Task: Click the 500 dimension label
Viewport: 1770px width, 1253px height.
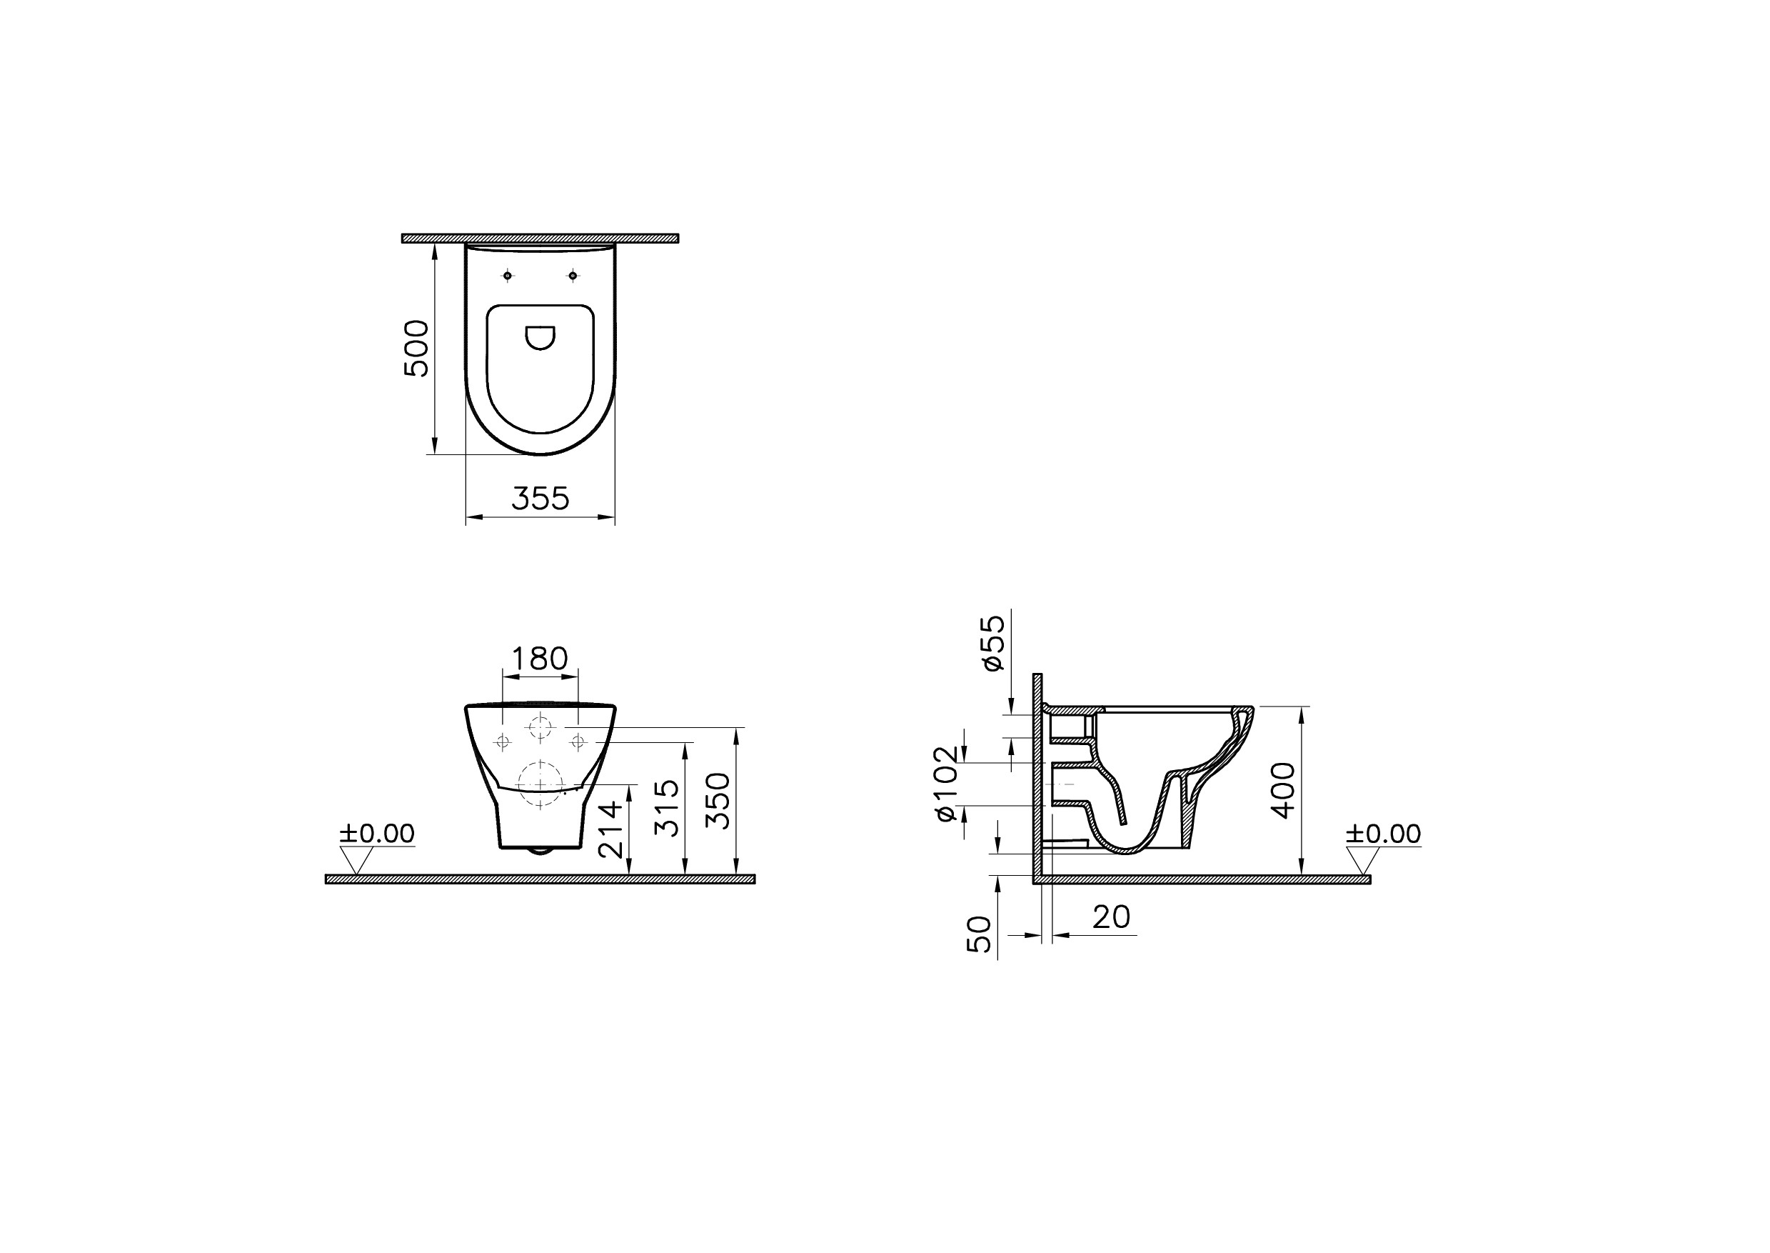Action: (416, 348)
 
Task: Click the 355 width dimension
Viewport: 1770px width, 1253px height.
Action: (540, 499)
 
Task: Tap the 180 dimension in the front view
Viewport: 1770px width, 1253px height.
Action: (540, 658)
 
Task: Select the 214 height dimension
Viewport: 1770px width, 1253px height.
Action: (610, 829)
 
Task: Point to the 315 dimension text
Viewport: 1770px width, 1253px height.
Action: (666, 808)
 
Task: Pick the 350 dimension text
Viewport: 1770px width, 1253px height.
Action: (718, 801)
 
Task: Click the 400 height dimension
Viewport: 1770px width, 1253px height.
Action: (1283, 790)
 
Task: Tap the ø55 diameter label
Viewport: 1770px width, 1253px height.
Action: (993, 643)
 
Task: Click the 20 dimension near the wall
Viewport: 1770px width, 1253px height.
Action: (1112, 917)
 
